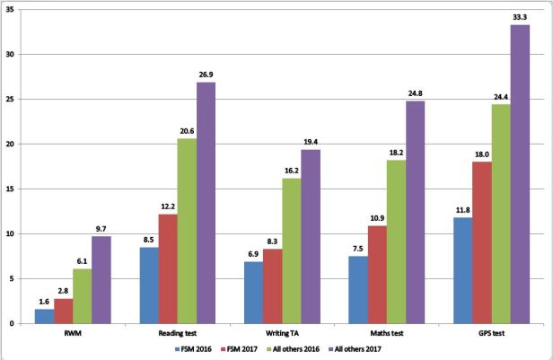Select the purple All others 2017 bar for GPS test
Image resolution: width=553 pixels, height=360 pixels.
pyautogui.click(x=519, y=174)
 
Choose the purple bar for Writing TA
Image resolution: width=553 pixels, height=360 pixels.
pyautogui.click(x=312, y=236)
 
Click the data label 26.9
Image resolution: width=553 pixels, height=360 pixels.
pyautogui.click(x=206, y=75)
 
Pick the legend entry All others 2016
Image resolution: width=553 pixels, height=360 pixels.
pyautogui.click(x=283, y=347)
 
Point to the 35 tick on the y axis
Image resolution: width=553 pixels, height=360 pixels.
pyautogui.click(x=11, y=9)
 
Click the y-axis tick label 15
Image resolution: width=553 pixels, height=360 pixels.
pyautogui.click(x=11, y=189)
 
